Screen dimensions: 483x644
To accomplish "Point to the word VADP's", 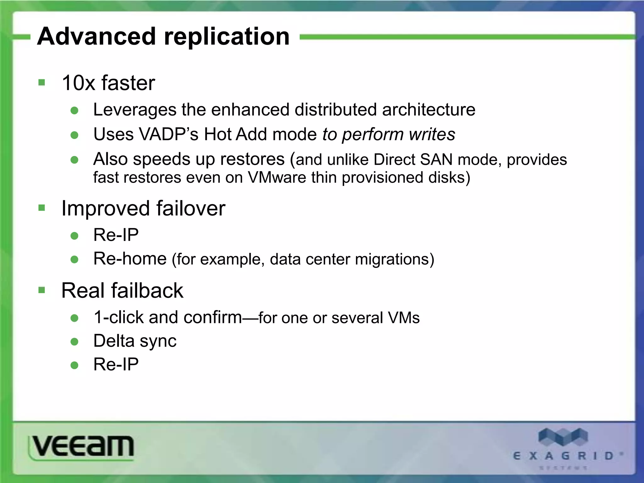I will [169, 135].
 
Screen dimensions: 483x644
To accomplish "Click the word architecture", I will [429, 110].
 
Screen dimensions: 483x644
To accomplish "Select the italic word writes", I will [432, 135].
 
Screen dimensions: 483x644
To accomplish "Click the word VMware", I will [277, 178].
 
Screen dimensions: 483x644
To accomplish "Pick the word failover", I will [191, 208].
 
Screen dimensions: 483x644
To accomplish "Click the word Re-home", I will [130, 259].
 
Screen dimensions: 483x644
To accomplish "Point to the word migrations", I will [394, 260].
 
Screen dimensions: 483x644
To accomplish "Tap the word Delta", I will [114, 341].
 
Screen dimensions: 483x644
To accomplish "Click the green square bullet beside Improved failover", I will [42, 208].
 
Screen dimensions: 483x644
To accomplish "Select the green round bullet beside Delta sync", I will [75, 342].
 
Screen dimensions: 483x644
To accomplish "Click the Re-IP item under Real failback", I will [116, 365].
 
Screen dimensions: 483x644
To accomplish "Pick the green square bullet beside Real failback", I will [42, 290].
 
